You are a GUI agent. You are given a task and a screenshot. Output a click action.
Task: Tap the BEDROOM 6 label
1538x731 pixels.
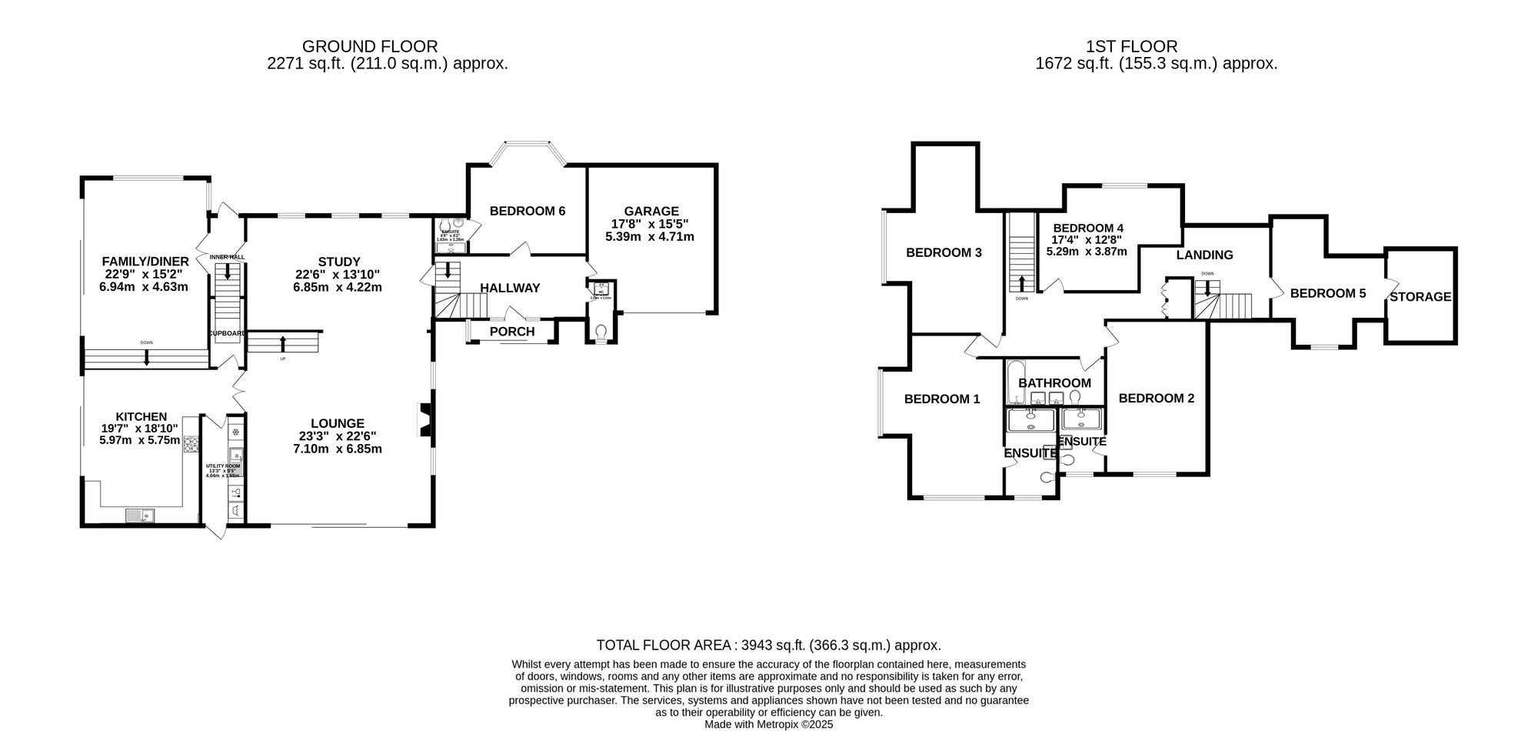pos(527,211)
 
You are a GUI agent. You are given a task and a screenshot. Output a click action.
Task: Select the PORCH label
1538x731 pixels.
pos(512,332)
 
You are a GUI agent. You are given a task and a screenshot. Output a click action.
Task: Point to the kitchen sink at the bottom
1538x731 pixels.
pos(141,515)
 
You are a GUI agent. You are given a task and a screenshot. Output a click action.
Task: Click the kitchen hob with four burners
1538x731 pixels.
pos(191,444)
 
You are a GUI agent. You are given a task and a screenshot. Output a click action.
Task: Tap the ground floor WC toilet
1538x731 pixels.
pos(601,332)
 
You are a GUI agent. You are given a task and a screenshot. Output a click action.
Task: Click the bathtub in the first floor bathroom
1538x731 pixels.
pos(1014,382)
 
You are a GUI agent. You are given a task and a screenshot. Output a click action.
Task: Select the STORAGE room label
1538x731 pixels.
pos(1420,296)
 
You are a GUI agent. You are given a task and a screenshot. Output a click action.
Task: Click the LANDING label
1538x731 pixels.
pos(1204,255)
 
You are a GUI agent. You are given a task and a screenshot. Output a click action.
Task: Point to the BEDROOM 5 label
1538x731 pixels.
pos(1328,293)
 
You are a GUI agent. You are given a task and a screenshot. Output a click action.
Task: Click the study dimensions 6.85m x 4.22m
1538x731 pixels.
pos(338,287)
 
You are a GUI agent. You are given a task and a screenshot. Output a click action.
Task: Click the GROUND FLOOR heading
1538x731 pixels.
pos(370,47)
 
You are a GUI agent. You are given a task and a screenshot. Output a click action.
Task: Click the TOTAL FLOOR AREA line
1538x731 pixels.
pos(769,646)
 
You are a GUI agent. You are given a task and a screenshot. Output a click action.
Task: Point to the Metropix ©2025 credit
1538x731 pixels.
pos(769,724)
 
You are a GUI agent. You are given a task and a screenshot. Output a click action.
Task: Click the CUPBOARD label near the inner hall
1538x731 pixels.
pos(228,333)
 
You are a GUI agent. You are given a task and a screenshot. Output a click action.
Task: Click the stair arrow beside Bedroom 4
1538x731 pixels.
pos(1022,283)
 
